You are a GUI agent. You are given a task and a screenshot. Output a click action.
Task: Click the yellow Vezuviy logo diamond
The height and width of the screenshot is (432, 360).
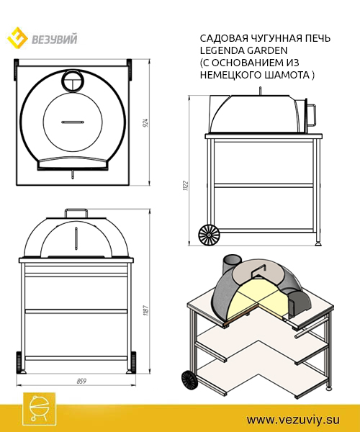tap(17, 38)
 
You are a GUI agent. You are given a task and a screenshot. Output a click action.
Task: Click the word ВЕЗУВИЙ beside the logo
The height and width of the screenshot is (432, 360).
tap(54, 39)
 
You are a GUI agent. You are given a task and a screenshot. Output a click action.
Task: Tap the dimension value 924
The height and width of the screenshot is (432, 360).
tap(146, 122)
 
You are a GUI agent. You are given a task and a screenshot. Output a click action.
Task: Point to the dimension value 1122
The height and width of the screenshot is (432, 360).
tap(186, 186)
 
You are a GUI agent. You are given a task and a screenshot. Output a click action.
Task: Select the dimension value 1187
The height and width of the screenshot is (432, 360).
tap(146, 310)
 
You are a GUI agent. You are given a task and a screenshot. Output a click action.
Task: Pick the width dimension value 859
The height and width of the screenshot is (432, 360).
tap(81, 381)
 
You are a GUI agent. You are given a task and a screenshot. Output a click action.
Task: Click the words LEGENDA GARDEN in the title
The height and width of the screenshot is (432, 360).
tap(243, 50)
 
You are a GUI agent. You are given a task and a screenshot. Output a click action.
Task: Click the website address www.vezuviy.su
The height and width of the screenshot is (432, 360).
tap(293, 420)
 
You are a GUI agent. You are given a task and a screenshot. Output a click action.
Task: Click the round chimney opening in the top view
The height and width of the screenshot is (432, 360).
tap(73, 81)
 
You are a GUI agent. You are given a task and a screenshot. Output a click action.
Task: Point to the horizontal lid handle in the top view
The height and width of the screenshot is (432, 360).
tap(72, 122)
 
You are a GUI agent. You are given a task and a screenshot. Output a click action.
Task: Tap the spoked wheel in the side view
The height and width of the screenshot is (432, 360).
tap(209, 235)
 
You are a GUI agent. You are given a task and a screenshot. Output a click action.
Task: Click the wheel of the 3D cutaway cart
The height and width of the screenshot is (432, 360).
tap(189, 379)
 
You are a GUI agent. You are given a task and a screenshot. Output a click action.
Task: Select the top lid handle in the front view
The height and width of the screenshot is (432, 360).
tap(76, 213)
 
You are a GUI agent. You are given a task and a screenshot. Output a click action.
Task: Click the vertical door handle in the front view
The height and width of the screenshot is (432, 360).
tap(76, 238)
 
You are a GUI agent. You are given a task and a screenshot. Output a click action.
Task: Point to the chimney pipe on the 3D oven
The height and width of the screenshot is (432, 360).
tap(232, 264)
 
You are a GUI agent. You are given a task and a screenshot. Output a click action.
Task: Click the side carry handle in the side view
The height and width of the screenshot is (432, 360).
tap(312, 114)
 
